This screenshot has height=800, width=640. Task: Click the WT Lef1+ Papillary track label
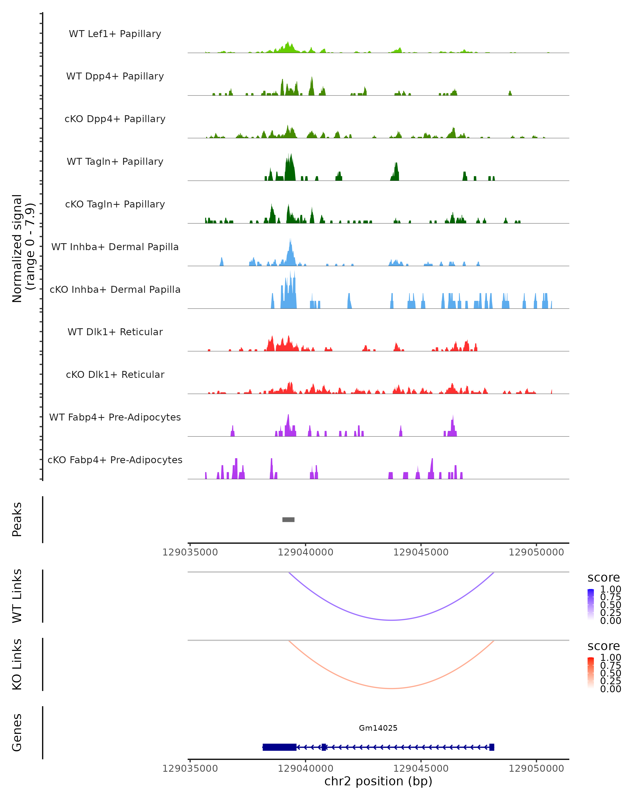(x=115, y=34)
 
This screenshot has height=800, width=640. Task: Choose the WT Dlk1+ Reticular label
(x=115, y=332)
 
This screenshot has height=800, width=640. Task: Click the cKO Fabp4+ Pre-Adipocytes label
(x=115, y=460)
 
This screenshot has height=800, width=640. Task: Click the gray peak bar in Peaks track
(x=288, y=519)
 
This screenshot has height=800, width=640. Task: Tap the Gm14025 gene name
(x=378, y=728)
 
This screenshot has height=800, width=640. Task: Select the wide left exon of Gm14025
(x=279, y=747)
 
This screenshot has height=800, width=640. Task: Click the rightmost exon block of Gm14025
(x=491, y=747)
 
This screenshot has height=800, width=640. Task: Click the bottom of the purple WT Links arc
(x=391, y=620)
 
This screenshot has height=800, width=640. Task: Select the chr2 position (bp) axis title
(x=378, y=781)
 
